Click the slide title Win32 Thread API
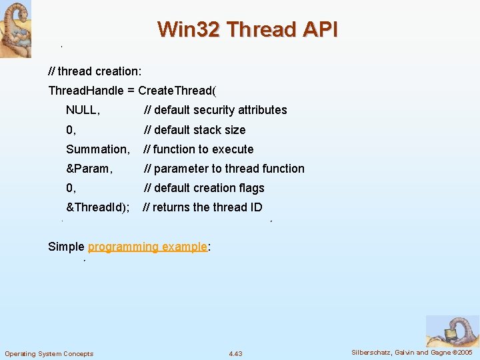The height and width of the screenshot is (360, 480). pos(247,29)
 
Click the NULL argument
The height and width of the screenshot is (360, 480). pos(83,110)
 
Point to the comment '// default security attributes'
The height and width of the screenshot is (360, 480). pos(215,110)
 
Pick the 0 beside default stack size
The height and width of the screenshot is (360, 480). pos(71,130)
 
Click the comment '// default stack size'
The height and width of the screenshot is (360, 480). pos(195,130)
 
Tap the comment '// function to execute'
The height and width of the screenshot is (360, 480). pos(199,149)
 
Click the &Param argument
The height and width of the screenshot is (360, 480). pos(89,169)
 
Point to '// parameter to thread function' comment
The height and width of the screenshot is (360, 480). pos(224,169)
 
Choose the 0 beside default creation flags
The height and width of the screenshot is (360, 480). pos(71,188)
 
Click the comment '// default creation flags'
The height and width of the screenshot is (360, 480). pos(204,188)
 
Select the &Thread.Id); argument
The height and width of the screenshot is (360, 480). pos(98,207)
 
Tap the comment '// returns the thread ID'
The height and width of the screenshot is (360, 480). pos(203,207)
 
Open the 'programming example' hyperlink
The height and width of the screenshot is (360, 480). pos(147,247)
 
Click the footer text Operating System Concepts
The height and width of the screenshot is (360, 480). pos(49,353)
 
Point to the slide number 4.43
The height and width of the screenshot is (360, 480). pos(235,353)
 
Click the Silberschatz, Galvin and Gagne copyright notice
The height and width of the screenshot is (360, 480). pos(411,352)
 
